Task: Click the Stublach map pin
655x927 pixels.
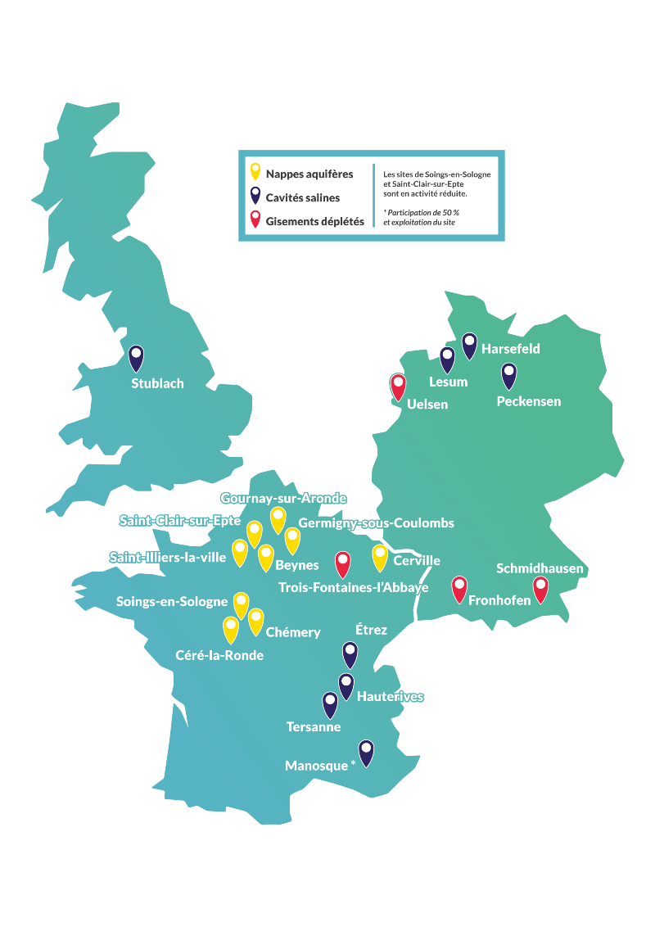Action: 136,357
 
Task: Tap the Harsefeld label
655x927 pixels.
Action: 510,349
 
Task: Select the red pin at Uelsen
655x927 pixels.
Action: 398,386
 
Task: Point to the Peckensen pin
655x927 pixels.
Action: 509,375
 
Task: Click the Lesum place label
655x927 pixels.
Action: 448,382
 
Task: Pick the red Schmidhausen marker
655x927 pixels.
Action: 540,589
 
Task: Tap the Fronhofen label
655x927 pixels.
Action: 499,600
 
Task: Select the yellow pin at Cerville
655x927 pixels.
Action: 380,556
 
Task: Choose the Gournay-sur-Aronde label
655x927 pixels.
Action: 283,498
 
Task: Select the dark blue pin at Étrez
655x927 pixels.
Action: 350,653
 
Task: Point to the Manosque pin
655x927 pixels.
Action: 366,752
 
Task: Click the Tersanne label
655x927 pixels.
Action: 314,726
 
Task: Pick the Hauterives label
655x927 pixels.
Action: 391,697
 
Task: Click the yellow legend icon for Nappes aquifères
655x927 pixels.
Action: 255,172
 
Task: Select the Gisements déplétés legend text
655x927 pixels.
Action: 314,221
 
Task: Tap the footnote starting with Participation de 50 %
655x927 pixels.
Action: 421,217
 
